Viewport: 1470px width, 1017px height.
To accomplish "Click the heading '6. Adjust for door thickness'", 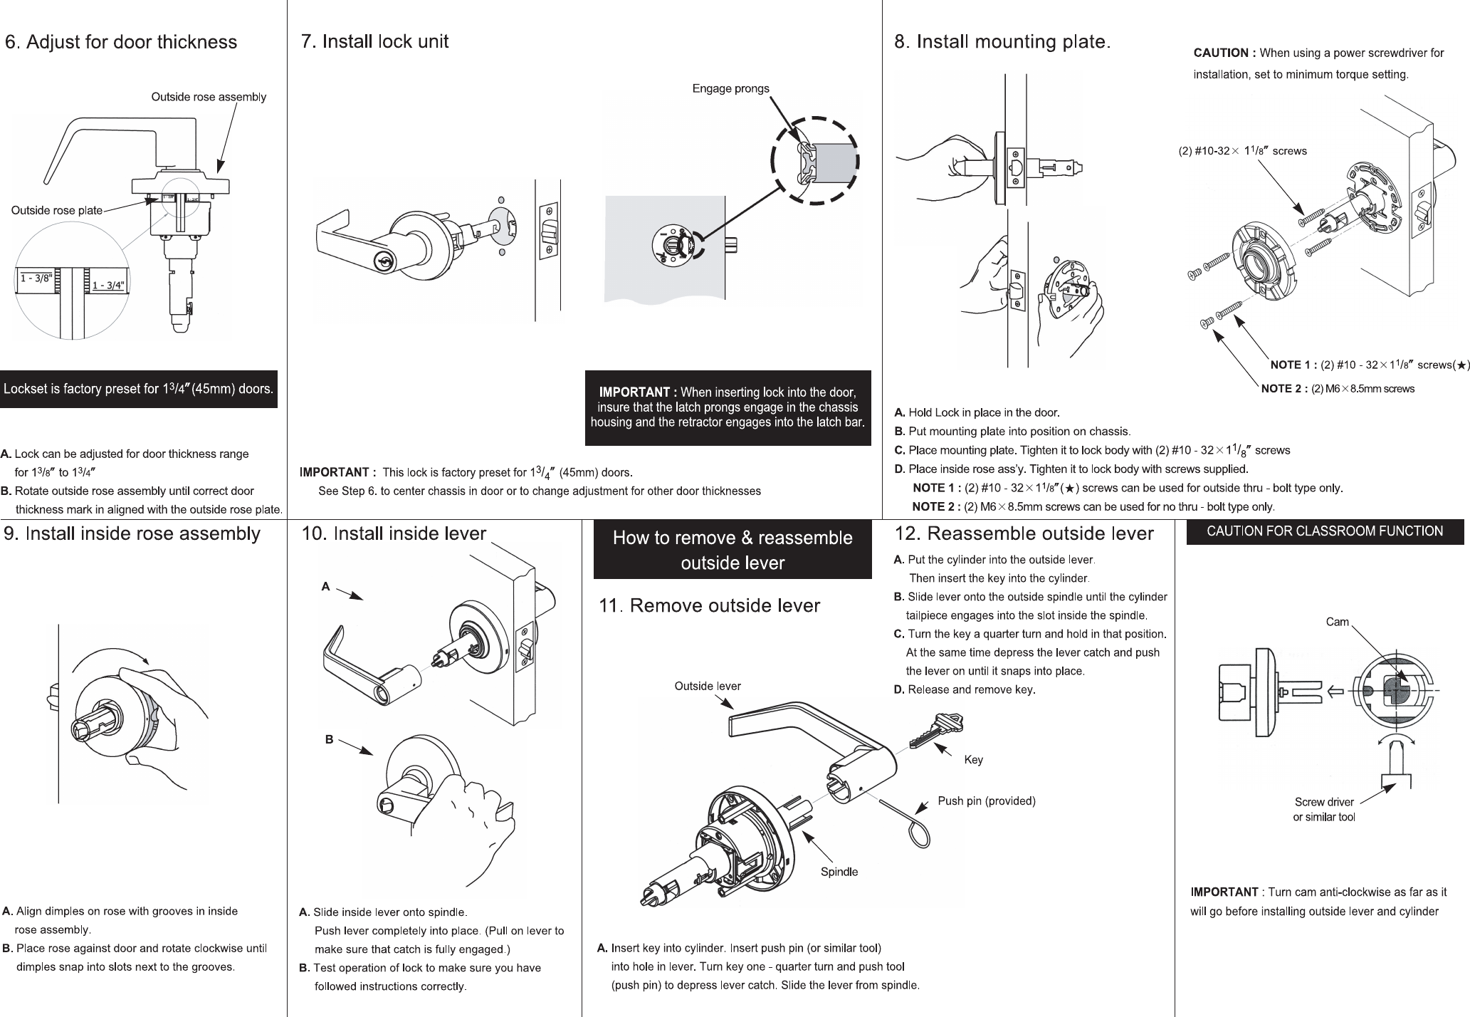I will [121, 42].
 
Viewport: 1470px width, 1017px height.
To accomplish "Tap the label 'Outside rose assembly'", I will [209, 97].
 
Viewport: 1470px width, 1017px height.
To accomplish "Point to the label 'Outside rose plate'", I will [57, 210].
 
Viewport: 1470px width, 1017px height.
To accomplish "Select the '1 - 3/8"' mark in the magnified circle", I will [36, 278].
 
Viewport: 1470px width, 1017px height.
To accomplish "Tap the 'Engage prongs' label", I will [730, 88].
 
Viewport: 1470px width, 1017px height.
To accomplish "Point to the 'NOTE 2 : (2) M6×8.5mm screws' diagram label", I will [1337, 389].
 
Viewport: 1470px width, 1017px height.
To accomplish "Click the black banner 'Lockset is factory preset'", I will [138, 389].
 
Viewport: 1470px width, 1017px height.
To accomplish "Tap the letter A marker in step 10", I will [325, 586].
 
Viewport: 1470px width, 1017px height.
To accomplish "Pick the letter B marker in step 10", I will [329, 739].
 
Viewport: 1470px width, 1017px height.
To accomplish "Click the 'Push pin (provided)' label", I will [986, 801].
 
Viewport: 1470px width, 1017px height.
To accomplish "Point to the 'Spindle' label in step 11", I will [839, 872].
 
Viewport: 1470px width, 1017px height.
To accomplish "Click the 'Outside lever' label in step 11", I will [708, 686].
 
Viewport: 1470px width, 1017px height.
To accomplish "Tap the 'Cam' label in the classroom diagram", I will [1337, 622].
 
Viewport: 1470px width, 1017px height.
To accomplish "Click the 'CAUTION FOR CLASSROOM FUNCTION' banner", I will [1324, 531].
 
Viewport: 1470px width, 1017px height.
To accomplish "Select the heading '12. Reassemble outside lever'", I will [1023, 533].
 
